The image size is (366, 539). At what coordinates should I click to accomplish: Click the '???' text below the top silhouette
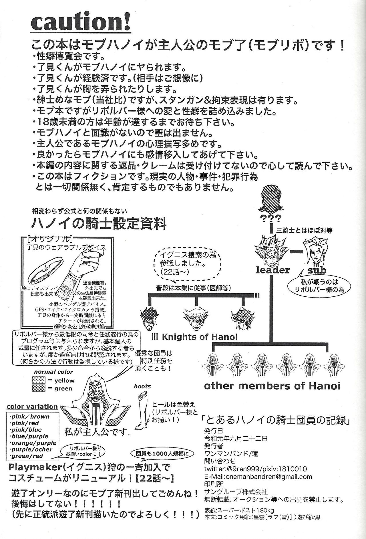point(270,219)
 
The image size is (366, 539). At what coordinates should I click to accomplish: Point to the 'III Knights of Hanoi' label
point(194,337)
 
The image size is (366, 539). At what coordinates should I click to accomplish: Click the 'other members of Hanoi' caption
point(272,386)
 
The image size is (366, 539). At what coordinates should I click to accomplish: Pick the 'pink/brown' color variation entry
point(29,417)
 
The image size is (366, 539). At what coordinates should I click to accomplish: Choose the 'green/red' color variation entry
point(26,456)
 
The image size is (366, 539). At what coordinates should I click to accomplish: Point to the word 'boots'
point(142,386)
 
